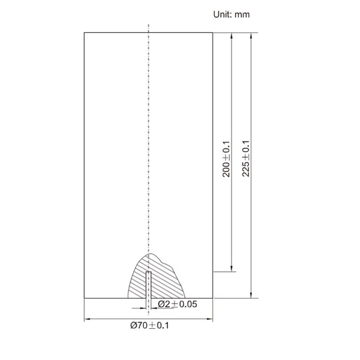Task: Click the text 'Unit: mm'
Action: pyautogui.click(x=232, y=14)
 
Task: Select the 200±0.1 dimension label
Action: pyautogui.click(x=226, y=159)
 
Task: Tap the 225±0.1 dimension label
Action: pyautogui.click(x=246, y=158)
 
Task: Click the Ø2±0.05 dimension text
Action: pyautogui.click(x=178, y=304)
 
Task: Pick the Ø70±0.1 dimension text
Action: pyautogui.click(x=149, y=325)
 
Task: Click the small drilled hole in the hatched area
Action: pyautogui.click(x=149, y=285)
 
